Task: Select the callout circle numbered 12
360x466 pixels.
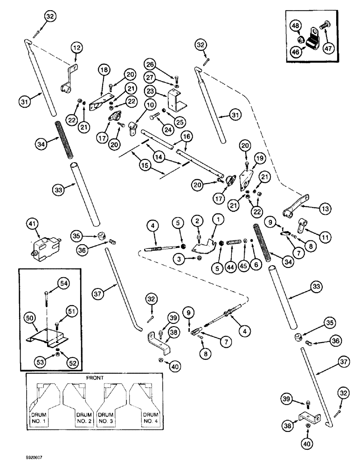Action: [76, 47]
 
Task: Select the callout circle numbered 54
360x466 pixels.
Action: [63, 283]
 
